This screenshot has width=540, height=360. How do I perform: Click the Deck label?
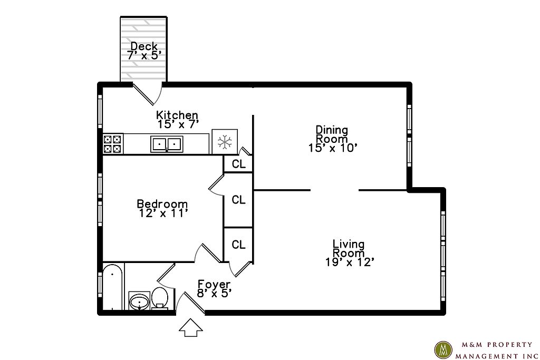144,46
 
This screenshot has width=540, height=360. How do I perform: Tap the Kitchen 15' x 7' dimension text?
178,124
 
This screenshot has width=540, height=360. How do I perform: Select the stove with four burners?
113,143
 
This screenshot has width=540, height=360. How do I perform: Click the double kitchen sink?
167,144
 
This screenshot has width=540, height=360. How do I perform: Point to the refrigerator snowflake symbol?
225,141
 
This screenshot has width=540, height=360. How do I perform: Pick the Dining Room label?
332,134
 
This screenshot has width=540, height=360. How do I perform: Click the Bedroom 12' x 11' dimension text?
163,213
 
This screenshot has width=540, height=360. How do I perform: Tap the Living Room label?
349,248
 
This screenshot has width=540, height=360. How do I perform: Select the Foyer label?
214,284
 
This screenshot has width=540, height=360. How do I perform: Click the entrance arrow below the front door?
190,327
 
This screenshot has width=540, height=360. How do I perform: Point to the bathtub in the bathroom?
113,287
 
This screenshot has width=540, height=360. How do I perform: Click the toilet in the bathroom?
159,297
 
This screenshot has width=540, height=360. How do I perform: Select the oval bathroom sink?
139,302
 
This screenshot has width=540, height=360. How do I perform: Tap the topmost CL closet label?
239,164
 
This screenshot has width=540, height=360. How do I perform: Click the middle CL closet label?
239,200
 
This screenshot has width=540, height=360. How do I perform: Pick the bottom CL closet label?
239,245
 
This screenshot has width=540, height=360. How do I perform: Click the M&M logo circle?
443,349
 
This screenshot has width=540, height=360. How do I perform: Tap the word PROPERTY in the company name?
513,345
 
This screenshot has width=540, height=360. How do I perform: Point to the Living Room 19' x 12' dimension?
350,262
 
